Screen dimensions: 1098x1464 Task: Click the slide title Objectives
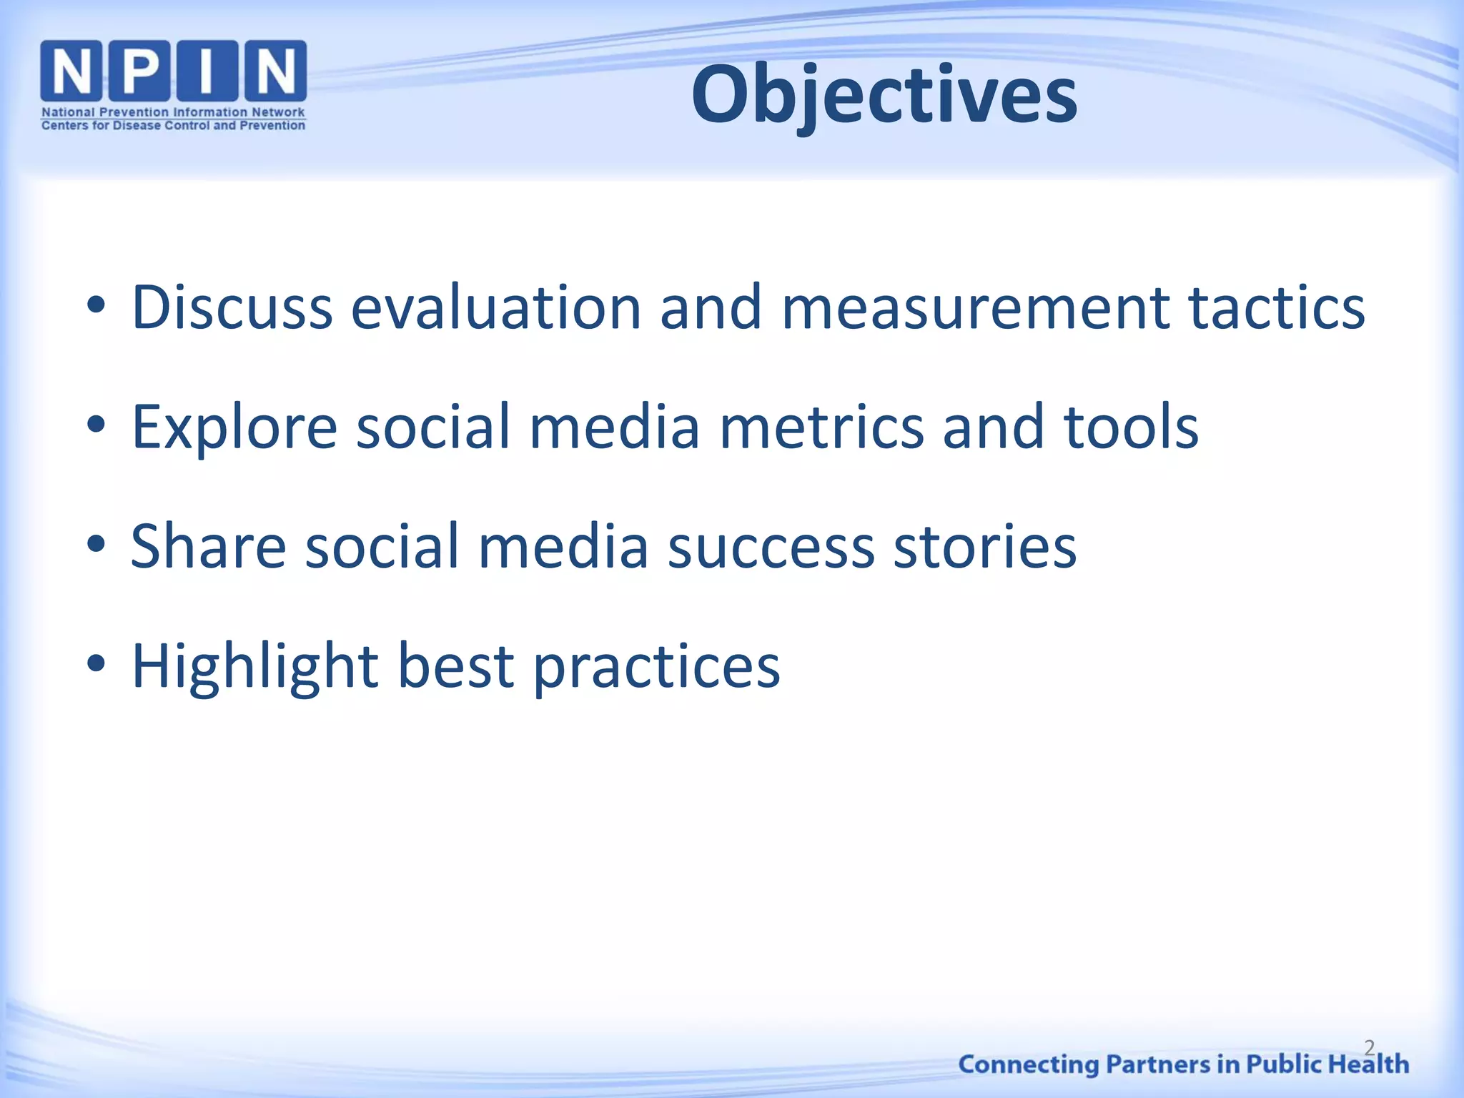(884, 95)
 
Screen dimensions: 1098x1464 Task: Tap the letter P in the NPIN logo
(139, 70)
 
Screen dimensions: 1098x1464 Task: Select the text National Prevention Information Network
(173, 112)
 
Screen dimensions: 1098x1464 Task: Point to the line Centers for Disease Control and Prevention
(173, 126)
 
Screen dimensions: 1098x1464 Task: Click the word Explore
(234, 427)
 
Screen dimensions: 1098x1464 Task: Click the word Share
(209, 547)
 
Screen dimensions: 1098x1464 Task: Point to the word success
(771, 547)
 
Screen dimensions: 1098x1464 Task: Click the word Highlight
(255, 667)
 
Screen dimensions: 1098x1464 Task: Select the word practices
(657, 667)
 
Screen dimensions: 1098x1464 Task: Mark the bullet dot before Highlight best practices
(96, 664)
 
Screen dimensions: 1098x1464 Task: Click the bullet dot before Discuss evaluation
(96, 306)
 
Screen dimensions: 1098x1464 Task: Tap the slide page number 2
(1369, 1048)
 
